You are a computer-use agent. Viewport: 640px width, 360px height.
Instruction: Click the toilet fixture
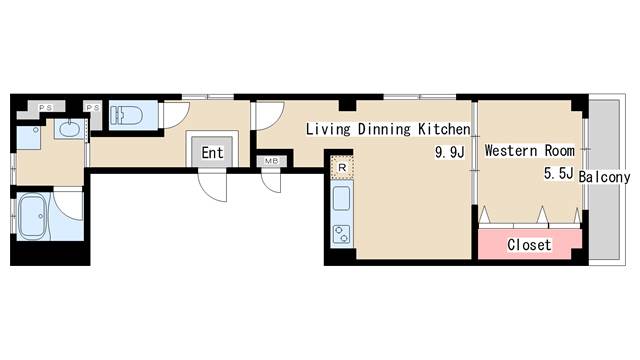pos(126,115)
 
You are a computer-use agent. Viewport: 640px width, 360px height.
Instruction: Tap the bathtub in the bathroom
pos(33,216)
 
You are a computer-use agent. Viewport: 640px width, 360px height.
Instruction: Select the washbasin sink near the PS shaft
pos(70,129)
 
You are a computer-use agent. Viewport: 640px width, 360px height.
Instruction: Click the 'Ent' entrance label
pos(212,153)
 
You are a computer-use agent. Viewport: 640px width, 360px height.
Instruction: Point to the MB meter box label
pos(271,161)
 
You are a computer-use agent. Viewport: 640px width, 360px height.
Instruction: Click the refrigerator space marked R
pos(342,167)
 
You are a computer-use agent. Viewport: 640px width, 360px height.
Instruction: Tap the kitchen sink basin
pos(342,199)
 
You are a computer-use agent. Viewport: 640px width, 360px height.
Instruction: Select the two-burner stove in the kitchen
pos(342,234)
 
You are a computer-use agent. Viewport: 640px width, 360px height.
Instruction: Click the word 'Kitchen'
pos(444,129)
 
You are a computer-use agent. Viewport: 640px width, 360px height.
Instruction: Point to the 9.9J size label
pos(450,153)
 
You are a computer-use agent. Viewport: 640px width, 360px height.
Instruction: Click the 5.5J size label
pos(559,173)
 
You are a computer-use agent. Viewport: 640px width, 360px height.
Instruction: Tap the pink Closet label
pos(529,244)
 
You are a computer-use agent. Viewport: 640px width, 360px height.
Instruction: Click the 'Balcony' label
pos(604,177)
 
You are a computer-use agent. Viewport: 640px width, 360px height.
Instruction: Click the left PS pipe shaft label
pos(45,107)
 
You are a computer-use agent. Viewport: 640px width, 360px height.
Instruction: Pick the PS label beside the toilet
pos(93,107)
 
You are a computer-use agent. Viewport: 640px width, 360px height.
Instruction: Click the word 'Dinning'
pos(384,129)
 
